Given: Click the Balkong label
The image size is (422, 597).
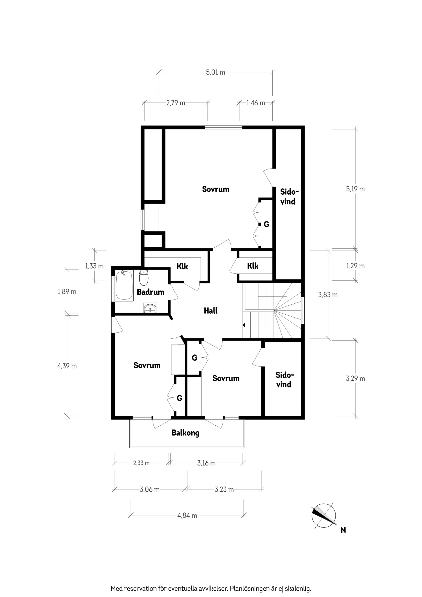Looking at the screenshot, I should click(x=185, y=433).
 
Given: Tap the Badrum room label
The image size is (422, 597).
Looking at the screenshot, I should click(x=150, y=292).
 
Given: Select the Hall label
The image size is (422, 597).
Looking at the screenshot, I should click(x=210, y=311).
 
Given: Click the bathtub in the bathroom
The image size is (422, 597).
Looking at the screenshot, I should click(x=124, y=285).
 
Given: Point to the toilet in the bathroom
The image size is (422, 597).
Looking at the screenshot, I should click(x=143, y=278).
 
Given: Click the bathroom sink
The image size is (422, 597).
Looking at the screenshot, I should click(x=150, y=309).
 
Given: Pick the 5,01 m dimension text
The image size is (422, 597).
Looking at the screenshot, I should click(x=215, y=72).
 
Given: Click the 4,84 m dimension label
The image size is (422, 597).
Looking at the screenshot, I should click(x=187, y=515).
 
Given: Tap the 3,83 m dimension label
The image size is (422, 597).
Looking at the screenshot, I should click(x=328, y=295).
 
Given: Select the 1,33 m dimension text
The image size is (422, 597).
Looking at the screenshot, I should click(x=94, y=266).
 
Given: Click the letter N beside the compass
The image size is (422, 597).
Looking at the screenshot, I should click(x=343, y=530).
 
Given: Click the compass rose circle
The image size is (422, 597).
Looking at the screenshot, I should click(x=324, y=516).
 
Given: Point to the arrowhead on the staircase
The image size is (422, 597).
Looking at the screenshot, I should click(x=244, y=325).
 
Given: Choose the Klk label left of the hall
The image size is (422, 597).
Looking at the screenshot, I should click(x=182, y=266).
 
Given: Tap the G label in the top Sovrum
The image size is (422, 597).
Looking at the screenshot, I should click(x=266, y=224).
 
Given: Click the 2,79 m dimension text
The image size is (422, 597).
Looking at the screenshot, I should click(x=176, y=103).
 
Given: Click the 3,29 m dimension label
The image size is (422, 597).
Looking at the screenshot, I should click(x=355, y=379).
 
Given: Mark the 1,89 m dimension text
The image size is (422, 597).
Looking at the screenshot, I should click(x=67, y=292).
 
